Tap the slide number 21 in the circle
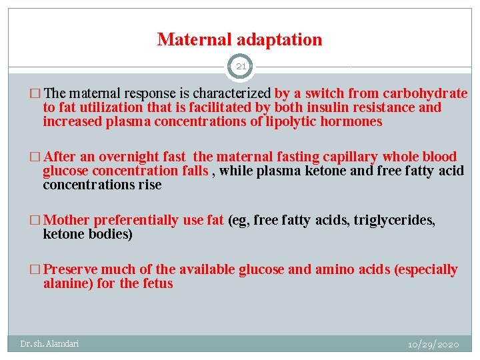240,67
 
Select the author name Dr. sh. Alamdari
49,344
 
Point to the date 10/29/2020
433,344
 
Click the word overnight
129,157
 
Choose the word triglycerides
394,221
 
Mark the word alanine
66,284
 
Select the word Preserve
71,270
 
